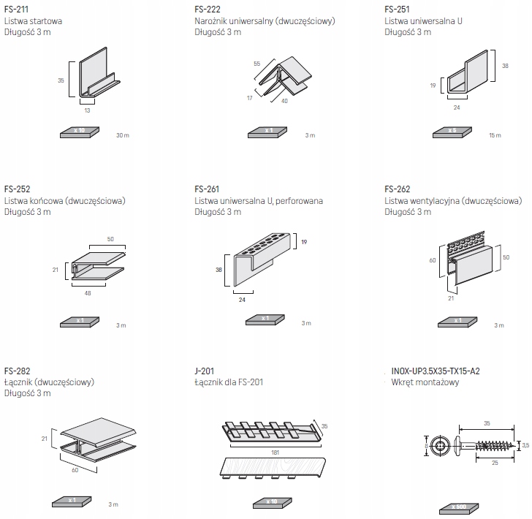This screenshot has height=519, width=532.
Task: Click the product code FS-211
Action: click(15, 10)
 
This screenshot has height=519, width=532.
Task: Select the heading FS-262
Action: click(397, 189)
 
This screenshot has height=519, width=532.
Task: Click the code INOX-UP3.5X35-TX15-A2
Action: click(436, 371)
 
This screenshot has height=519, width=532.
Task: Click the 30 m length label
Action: click(122, 135)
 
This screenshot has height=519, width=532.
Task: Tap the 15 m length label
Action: click(495, 135)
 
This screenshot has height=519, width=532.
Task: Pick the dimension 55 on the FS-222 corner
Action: click(257, 64)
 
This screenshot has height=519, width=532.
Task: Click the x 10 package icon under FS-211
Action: click(79, 132)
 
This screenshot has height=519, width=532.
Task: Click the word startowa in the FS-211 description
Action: click(45, 21)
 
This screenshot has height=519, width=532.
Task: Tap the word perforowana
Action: click(299, 200)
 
